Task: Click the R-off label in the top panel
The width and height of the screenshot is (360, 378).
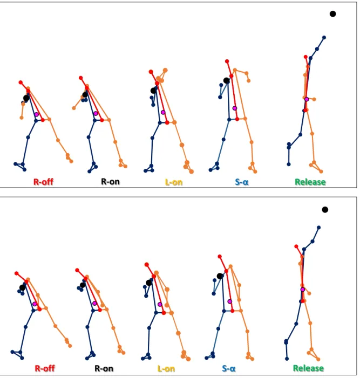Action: [43, 182]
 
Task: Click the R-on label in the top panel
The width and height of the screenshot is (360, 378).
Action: [110, 182]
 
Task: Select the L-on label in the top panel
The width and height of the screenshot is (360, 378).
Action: [174, 182]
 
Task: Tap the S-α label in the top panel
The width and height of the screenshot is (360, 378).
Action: [242, 182]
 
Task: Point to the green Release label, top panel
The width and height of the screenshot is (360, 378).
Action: [310, 182]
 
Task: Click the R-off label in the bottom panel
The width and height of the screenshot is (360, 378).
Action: [45, 368]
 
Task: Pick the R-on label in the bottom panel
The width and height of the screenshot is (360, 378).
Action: [104, 368]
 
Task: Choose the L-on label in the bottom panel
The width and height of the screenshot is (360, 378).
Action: [166, 369]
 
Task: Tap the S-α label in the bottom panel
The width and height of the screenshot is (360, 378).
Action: [228, 369]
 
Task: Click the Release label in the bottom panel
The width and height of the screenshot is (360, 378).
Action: [308, 368]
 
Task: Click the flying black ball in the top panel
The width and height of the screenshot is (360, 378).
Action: [332, 14]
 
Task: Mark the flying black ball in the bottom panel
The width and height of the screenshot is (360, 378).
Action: [325, 210]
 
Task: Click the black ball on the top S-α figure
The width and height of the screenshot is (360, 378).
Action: [226, 80]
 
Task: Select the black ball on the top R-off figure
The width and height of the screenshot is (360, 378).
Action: [26, 98]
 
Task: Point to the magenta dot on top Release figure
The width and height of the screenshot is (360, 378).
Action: [307, 99]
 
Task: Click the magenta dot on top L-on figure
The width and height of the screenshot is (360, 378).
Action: [163, 112]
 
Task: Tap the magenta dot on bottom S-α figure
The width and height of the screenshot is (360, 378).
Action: [230, 301]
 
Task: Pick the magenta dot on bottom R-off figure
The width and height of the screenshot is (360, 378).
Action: [35, 304]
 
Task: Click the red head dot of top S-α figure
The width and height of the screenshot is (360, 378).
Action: [227, 61]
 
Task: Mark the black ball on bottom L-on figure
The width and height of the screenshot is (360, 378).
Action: [149, 283]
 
